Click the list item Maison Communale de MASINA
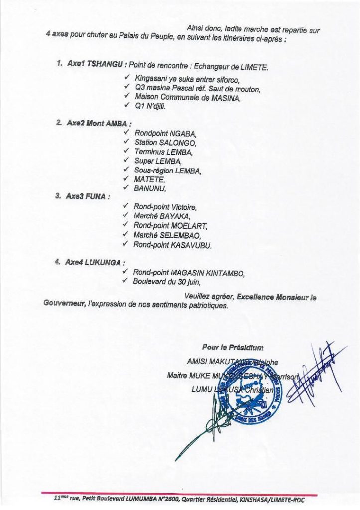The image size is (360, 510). tap(187, 97)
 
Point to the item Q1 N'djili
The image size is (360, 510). tap(150, 106)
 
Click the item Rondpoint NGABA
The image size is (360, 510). tap(165, 133)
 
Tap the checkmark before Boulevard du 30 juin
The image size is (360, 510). tap(125, 281)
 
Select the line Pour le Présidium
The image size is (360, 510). tap(233, 348)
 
